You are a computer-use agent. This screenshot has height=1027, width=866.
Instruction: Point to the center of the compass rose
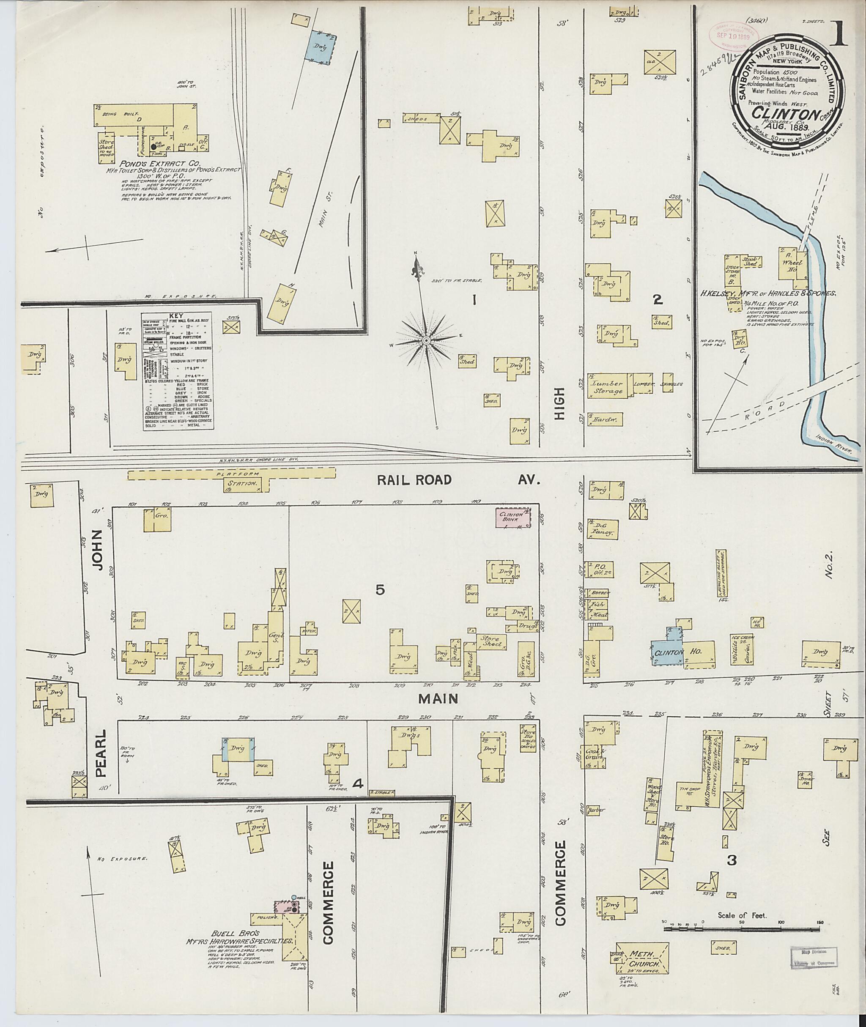[x=426, y=340]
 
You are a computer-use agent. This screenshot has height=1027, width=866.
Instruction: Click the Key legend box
[x=178, y=372]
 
